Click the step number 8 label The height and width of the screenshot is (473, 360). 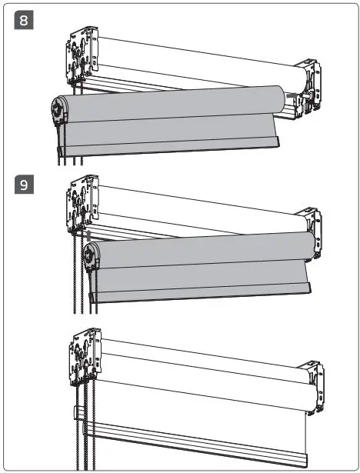tap(24, 21)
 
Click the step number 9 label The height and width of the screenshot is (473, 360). tap(24, 185)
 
